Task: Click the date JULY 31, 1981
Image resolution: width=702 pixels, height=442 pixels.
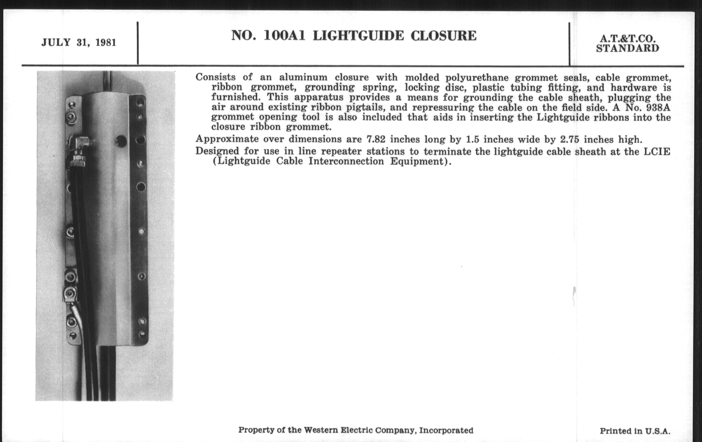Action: tap(79, 43)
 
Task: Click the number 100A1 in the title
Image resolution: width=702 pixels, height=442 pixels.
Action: tap(284, 36)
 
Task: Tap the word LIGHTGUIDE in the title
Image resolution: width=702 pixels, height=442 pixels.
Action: tap(358, 36)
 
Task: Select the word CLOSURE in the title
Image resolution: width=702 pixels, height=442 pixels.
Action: tap(443, 36)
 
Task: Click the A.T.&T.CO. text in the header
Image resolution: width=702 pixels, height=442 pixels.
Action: tap(627, 39)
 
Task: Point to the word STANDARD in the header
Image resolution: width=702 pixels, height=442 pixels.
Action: tap(627, 49)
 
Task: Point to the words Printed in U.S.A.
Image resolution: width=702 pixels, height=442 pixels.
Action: tap(635, 431)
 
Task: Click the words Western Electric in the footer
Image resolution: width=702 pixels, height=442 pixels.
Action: tap(338, 430)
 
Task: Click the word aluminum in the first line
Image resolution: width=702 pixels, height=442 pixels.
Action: tap(303, 78)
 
